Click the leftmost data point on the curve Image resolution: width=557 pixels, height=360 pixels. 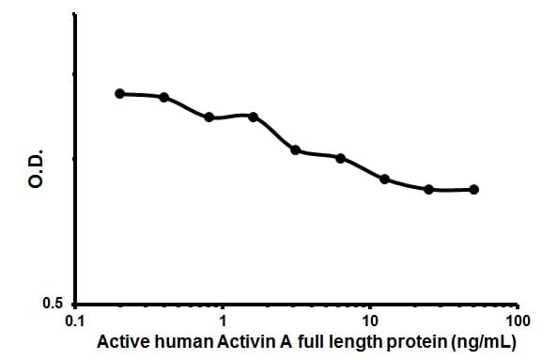(x=119, y=93)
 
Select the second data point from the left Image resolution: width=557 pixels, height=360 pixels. (x=164, y=97)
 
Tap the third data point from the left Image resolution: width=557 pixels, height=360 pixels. (x=209, y=117)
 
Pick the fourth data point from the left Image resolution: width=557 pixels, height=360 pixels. (x=253, y=116)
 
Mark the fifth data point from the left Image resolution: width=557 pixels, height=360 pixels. (x=296, y=149)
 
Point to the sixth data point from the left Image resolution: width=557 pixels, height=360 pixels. (x=340, y=158)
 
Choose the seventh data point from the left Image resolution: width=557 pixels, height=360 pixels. (x=384, y=179)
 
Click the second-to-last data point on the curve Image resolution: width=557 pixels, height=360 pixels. (x=429, y=189)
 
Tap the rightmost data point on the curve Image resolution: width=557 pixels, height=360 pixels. (x=473, y=189)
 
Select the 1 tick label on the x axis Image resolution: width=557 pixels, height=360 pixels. (x=223, y=321)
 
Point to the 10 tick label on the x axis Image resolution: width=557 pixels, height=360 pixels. (x=370, y=321)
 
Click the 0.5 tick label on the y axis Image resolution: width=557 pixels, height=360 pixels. (x=54, y=305)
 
